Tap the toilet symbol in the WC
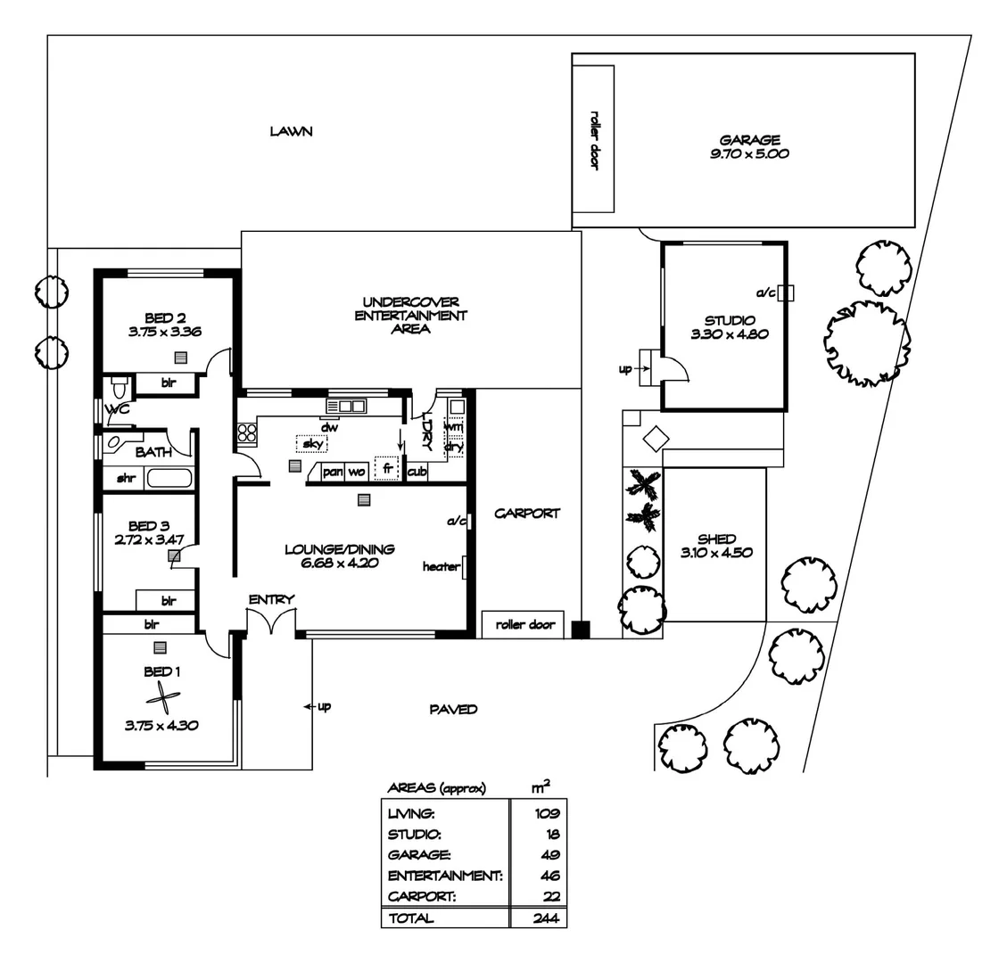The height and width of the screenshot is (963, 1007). coord(118,389)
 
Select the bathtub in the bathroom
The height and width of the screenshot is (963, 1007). coord(169,478)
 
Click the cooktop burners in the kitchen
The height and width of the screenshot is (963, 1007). coord(247,434)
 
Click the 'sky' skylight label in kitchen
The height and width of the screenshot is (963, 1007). coord(311,443)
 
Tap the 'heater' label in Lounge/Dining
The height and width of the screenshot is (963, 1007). coord(441,566)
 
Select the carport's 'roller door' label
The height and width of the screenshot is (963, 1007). coord(524,625)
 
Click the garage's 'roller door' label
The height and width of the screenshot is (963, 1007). coord(593,139)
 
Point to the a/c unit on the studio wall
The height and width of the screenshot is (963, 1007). coord(785,292)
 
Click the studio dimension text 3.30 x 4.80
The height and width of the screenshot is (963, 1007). coord(729,334)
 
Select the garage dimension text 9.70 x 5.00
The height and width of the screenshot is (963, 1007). coord(749,153)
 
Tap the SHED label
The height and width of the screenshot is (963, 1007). coord(716,539)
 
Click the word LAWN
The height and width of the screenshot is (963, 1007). coord(292,131)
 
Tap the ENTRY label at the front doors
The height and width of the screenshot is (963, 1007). coord(271,599)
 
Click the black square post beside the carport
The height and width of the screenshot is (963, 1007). coord(581,630)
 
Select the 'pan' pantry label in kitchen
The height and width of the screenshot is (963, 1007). coord(332,471)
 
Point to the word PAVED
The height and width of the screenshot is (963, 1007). coord(453,709)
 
